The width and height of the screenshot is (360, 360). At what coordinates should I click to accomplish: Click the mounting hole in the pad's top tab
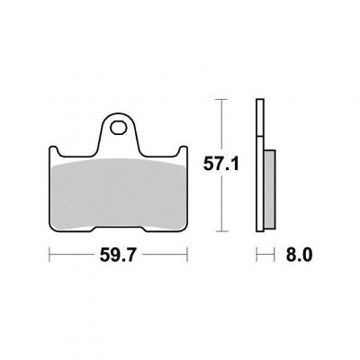(118, 128)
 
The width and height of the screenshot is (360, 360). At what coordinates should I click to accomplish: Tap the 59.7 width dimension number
(118, 256)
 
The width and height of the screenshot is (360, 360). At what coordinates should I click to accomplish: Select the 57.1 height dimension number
(221, 164)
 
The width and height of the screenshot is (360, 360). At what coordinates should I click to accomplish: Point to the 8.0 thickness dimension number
(299, 256)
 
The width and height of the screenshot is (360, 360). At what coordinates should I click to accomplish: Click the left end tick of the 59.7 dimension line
(49, 255)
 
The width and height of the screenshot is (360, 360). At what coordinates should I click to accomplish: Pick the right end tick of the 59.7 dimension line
(187, 255)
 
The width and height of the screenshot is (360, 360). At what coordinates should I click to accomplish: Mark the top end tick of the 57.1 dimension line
(221, 99)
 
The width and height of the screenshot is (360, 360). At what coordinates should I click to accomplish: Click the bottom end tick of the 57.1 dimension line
(221, 231)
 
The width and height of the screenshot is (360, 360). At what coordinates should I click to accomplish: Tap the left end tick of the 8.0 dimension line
(256, 255)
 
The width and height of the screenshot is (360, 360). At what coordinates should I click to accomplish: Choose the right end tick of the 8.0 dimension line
(274, 255)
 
